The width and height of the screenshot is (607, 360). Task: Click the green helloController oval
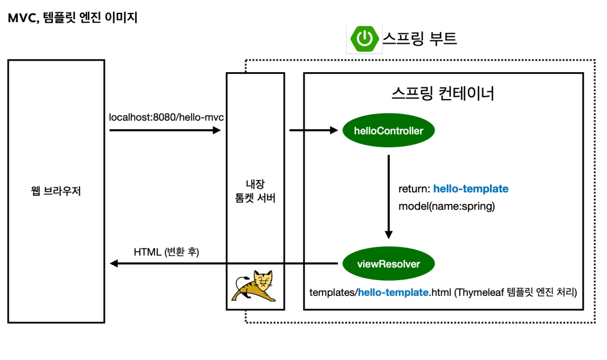click(389, 131)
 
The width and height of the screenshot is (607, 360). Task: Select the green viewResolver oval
click(389, 264)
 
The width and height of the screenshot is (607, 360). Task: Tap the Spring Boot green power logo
click(364, 39)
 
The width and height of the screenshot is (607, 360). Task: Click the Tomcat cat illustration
click(255, 286)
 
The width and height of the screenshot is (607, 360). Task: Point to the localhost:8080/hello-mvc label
click(167, 118)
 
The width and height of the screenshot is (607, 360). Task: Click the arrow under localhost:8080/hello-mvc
click(165, 131)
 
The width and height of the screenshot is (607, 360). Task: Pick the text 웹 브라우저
click(56, 191)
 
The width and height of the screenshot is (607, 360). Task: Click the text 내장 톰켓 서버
click(255, 192)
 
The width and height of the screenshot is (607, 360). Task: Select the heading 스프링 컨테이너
click(443, 93)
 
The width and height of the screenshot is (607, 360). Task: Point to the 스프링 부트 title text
click(419, 38)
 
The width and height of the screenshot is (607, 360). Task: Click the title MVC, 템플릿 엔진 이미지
click(73, 18)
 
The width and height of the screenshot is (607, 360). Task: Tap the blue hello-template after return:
click(471, 189)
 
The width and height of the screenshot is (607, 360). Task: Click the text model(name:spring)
click(446, 206)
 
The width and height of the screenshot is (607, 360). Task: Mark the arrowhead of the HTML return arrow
click(114, 264)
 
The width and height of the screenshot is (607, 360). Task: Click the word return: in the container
click(414, 189)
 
